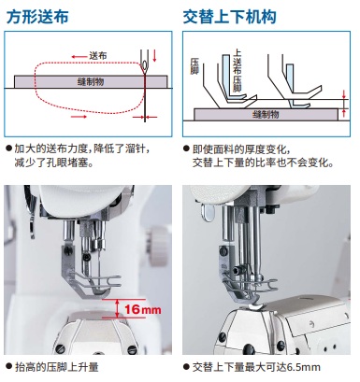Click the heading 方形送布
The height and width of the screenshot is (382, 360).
coord(37,17)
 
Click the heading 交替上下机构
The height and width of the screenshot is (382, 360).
coord(230,17)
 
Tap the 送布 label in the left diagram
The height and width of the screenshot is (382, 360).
coord(98,56)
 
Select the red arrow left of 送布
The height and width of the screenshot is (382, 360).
coord(79,57)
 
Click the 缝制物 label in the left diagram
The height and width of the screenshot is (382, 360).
coord(91,82)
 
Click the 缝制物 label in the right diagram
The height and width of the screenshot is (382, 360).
coord(266,114)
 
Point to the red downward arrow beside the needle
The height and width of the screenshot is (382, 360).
coord(154,55)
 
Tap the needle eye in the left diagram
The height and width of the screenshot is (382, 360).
coord(144,64)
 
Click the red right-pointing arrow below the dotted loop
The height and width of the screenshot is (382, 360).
coord(79,117)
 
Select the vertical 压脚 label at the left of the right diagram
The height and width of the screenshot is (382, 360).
coord(194,66)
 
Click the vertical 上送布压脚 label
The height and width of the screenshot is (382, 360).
coord(238,71)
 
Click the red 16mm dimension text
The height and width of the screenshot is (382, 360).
coord(143,309)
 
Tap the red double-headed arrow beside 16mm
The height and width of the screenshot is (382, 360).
coord(117,308)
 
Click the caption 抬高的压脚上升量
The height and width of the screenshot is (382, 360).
coord(57,367)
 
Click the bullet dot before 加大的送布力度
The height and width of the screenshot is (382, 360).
coord(9,149)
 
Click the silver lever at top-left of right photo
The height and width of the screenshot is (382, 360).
coord(208,212)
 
